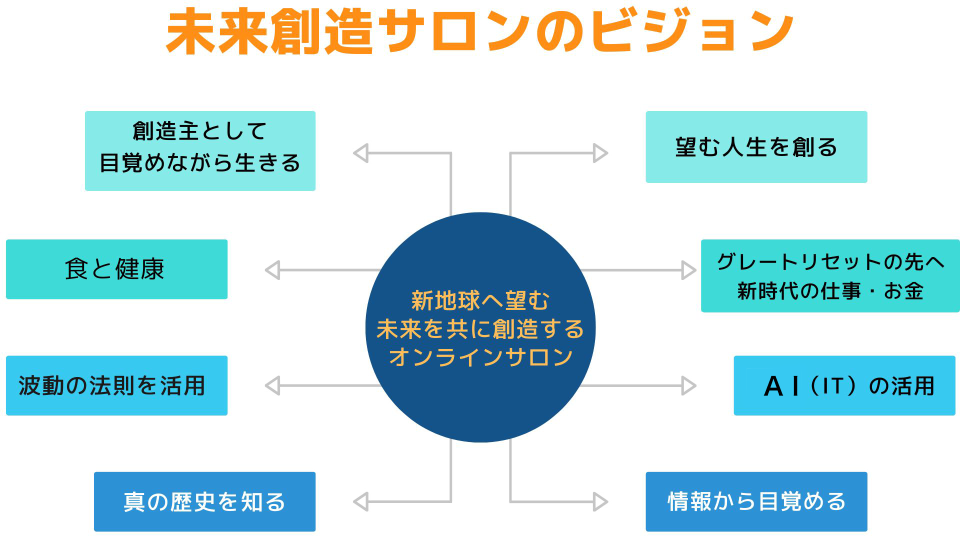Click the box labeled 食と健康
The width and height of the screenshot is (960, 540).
click(116, 269)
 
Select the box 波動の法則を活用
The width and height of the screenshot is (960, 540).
click(116, 385)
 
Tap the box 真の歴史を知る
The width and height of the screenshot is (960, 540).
click(204, 501)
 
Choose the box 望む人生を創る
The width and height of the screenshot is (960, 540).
click(756, 147)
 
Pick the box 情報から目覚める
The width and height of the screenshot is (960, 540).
click(756, 501)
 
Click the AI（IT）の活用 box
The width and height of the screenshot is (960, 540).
click(844, 385)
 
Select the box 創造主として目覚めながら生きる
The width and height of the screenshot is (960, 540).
click(200, 150)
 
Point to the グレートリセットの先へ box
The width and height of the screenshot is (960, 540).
click(830, 262)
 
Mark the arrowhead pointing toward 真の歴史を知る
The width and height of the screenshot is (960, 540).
click(360, 501)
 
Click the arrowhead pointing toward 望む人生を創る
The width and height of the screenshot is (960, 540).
click(600, 153)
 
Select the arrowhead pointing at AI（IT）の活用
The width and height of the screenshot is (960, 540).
click(688, 386)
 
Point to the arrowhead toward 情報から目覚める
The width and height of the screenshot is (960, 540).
click(600, 501)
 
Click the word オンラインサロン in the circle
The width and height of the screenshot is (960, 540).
click(480, 357)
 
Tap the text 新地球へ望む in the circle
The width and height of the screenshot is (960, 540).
click(480, 300)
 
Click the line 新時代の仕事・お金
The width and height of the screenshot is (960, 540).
click(830, 291)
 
